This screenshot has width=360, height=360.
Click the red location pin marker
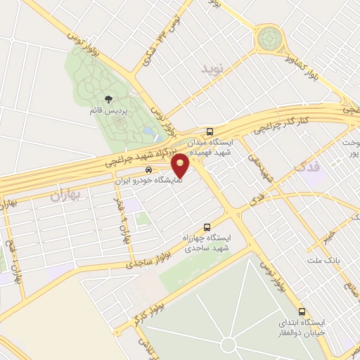pos(181,165)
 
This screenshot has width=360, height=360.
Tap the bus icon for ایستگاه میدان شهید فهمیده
pos(210,131)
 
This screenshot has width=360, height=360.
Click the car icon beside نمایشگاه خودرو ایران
pos(148,169)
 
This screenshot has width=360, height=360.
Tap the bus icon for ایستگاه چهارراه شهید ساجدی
pos(206,226)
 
